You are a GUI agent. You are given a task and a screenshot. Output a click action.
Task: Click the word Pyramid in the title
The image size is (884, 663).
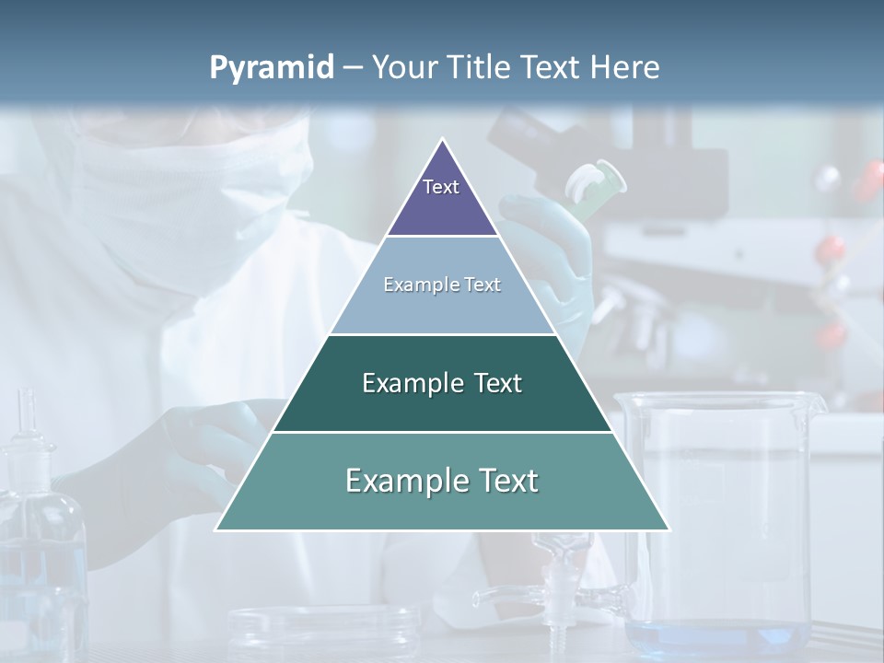[272, 68]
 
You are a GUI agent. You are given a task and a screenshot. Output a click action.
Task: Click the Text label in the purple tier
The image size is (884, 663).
[441, 187]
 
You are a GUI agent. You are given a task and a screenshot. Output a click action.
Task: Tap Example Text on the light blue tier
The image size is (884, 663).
[442, 285]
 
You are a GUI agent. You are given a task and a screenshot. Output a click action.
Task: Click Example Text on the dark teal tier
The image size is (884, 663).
[442, 383]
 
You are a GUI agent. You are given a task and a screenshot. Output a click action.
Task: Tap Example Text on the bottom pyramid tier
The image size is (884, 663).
[442, 481]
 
